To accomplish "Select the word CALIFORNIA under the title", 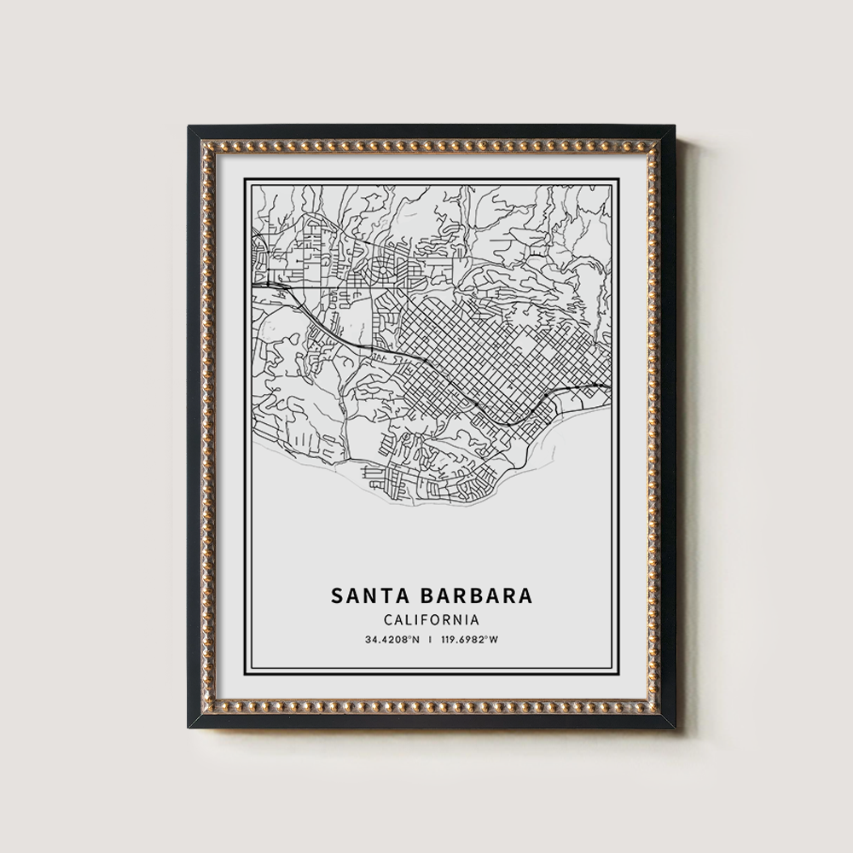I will click(x=430, y=620).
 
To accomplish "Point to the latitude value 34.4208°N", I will click(x=392, y=638).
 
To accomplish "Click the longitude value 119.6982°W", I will click(x=469, y=638).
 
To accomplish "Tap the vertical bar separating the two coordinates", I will click(x=430, y=638).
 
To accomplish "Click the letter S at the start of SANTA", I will click(x=335, y=595).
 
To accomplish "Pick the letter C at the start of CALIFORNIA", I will click(x=388, y=620).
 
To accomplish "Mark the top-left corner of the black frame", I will click(x=190, y=128).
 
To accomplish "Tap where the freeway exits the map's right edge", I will click(x=606, y=387).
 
